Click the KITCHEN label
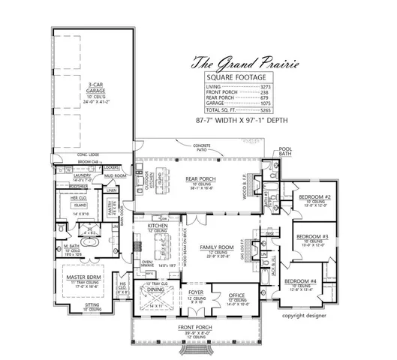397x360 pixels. (x=156, y=225)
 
